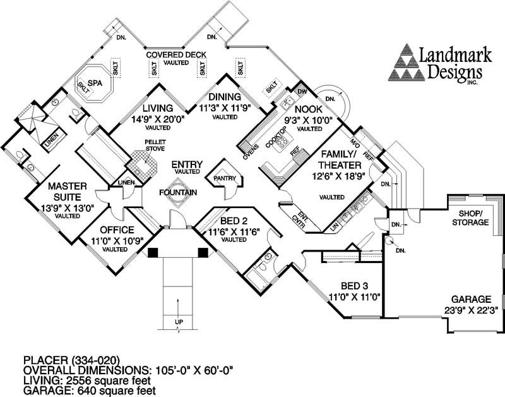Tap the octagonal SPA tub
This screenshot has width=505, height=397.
(x=95, y=87)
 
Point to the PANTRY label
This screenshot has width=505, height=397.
(x=224, y=179)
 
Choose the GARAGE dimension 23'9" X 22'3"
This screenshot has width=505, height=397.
(x=467, y=310)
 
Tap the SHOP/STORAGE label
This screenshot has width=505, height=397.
(x=470, y=217)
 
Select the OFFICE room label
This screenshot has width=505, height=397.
(x=113, y=229)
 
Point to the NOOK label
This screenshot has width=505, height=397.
(x=316, y=107)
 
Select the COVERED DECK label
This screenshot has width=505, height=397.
(x=177, y=54)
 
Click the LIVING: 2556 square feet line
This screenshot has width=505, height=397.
(x=88, y=381)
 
